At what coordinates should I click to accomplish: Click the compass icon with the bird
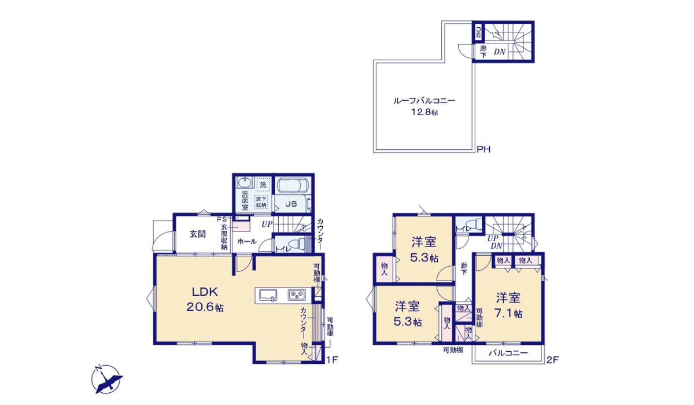click(x=107, y=380)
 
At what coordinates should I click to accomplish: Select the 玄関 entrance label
click(x=197, y=234)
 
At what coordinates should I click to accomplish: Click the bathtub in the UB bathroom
click(x=294, y=186)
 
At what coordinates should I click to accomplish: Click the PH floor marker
click(x=483, y=150)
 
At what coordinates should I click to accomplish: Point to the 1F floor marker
click(x=331, y=360)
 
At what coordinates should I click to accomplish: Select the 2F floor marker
click(x=553, y=360)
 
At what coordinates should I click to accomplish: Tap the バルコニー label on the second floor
click(x=508, y=353)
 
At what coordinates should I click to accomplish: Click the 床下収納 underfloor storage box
click(x=261, y=202)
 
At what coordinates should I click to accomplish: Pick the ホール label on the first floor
click(x=247, y=242)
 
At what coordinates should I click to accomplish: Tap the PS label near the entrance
click(x=222, y=219)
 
